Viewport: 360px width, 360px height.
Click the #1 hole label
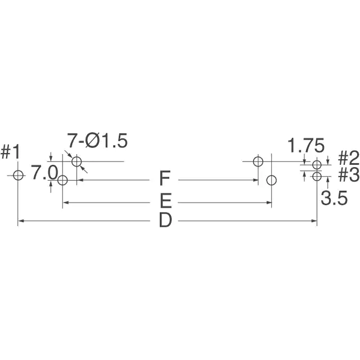10,152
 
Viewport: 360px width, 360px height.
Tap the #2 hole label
349,158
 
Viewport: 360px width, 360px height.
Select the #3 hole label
349,174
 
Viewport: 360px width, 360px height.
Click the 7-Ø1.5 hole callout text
97,141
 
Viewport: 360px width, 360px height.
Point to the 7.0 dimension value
44,172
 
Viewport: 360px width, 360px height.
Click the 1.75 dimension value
306,145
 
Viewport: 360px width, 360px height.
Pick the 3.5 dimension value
334,198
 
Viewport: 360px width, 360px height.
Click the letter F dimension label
165,178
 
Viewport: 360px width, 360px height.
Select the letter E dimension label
165,200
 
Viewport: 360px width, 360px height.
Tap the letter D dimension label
165,220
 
